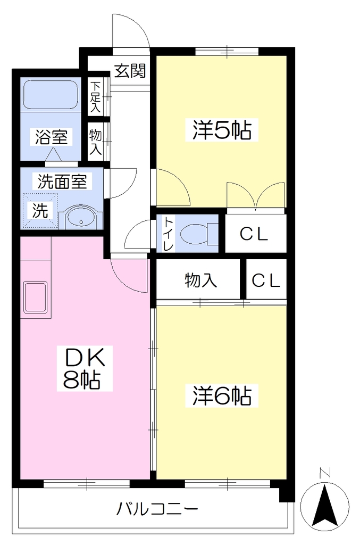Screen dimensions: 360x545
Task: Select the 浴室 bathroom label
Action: click(x=51, y=137)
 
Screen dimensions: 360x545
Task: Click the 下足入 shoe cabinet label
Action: click(x=95, y=97)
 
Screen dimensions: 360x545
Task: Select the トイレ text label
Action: click(x=169, y=234)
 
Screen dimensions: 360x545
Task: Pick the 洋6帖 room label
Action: click(x=222, y=395)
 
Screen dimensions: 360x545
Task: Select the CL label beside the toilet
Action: click(x=254, y=234)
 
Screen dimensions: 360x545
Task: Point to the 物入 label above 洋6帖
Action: click(x=201, y=280)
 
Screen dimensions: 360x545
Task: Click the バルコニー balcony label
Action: click(x=157, y=509)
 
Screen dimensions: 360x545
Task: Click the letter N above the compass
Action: click(x=324, y=473)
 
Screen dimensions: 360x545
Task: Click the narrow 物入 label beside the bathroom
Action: click(x=95, y=142)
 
